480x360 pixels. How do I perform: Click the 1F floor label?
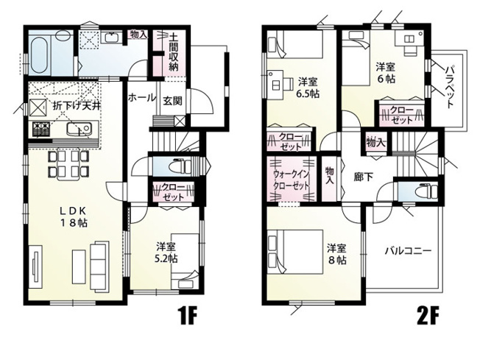(x=188, y=317)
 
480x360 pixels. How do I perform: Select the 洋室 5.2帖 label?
(x=166, y=253)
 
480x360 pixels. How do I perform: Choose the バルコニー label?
(x=406, y=250)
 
